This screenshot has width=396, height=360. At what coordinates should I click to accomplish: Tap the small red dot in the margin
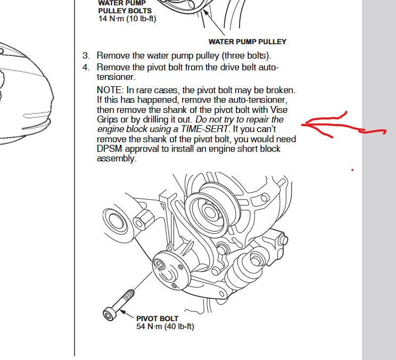click(352, 170)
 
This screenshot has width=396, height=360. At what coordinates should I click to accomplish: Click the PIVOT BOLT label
click(158, 318)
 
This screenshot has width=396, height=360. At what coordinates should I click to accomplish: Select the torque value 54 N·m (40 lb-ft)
click(165, 326)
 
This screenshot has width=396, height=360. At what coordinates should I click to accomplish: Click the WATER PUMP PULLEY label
click(247, 42)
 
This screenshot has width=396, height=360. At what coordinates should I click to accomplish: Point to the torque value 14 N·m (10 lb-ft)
click(127, 19)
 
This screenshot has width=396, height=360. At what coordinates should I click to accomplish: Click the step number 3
click(86, 55)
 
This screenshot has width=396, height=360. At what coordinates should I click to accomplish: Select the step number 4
click(86, 68)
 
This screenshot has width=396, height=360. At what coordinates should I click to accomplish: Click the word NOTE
click(110, 90)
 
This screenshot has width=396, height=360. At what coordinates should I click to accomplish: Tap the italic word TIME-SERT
click(204, 129)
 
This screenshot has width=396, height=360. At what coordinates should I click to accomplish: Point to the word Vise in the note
click(279, 110)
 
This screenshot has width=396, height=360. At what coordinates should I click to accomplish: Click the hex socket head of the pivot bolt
click(110, 314)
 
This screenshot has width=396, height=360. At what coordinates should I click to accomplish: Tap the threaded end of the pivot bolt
click(129, 295)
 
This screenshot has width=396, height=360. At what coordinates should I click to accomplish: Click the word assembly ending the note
click(117, 159)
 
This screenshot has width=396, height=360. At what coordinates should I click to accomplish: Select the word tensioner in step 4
click(116, 77)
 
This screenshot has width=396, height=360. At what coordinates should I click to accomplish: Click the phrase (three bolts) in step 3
click(246, 55)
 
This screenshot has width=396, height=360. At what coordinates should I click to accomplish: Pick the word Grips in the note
click(108, 119)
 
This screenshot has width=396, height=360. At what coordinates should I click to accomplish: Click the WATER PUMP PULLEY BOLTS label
click(125, 7)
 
